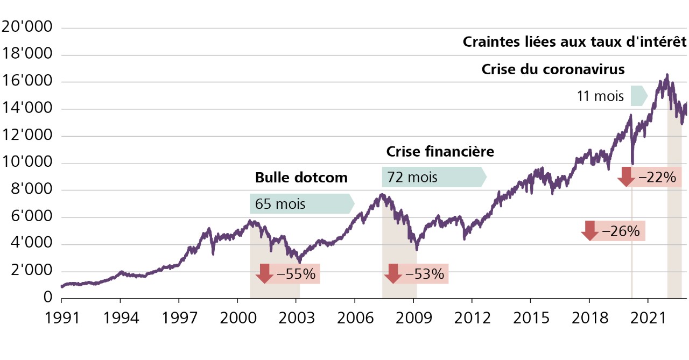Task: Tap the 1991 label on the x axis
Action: (x=61, y=317)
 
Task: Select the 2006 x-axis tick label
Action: (x=355, y=317)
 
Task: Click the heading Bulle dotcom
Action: (x=301, y=178)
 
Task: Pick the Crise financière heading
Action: (x=440, y=151)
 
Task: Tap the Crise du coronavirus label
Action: (x=553, y=69)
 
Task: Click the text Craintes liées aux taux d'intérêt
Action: (x=575, y=42)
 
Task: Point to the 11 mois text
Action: (x=600, y=97)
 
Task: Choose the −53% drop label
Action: (x=424, y=274)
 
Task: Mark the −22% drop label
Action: (x=656, y=177)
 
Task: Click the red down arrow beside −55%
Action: (x=264, y=273)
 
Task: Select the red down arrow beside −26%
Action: (x=589, y=231)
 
